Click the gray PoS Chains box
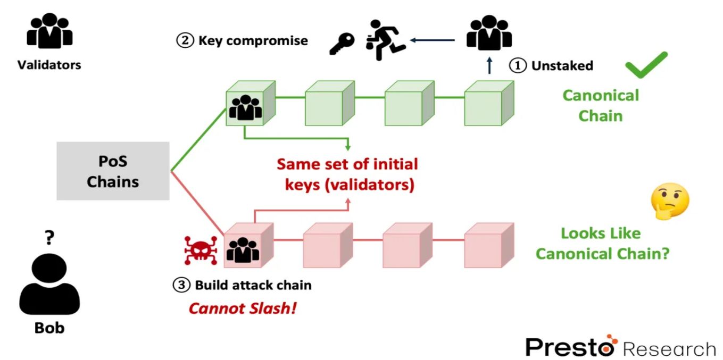point(113,171)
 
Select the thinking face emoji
point(670,202)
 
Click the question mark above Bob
point(49,239)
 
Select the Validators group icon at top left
point(49,32)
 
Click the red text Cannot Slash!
point(243,308)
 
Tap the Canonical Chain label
point(601,105)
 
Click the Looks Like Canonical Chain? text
point(601,243)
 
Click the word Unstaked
point(562,65)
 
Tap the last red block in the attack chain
point(487,246)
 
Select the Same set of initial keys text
point(347,174)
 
